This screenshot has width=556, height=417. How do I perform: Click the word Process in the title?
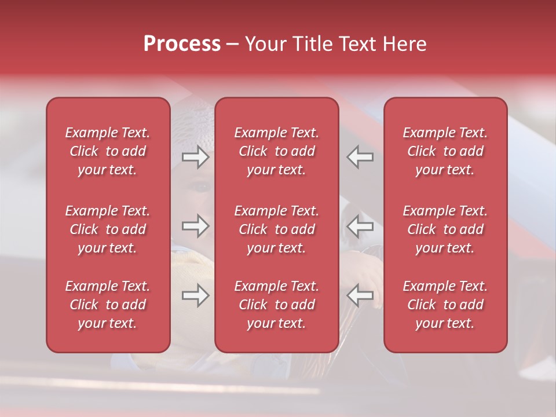182,44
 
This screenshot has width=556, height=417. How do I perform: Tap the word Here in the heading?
404,44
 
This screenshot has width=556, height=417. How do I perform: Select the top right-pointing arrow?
196,157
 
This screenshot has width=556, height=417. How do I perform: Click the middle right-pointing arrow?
196,226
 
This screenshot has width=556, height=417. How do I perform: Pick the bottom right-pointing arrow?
196,295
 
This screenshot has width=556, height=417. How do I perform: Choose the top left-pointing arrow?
360,157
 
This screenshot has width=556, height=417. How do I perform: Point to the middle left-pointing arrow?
360,226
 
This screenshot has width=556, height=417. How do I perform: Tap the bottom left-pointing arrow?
360,295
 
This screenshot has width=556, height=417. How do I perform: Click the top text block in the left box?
108,151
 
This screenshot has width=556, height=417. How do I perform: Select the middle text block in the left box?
108,229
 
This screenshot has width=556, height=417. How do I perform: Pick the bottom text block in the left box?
108,305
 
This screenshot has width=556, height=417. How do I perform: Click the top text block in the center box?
277,151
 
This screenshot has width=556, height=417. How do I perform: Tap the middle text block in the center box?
277,229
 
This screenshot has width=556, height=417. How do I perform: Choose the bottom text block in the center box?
277,305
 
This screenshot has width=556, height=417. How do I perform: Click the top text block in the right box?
445,151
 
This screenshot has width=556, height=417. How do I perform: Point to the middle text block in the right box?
445,229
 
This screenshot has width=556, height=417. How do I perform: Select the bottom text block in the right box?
445,305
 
